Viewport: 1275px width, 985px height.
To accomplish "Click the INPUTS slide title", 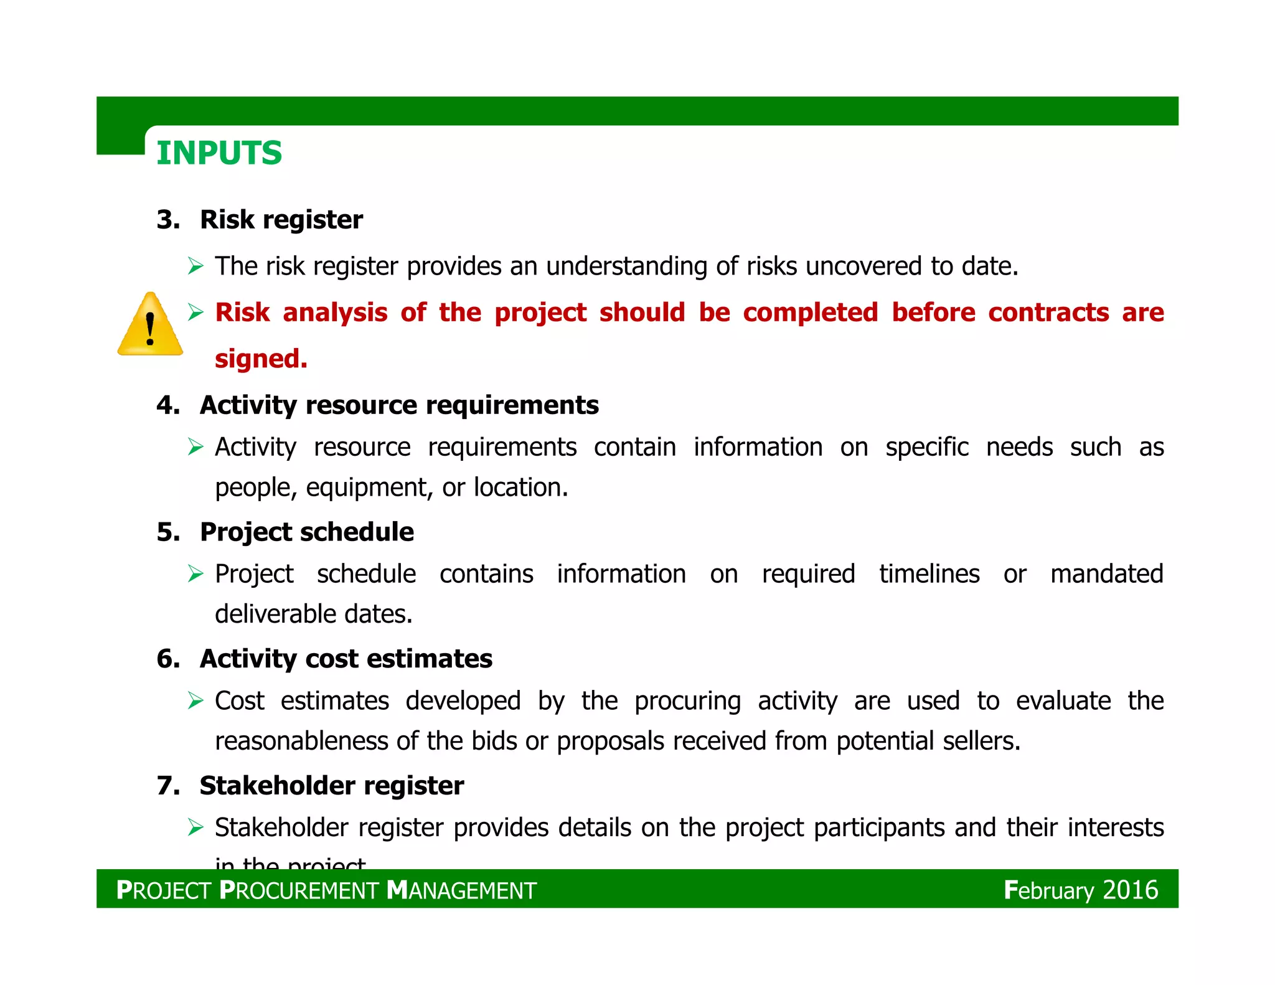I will (219, 153).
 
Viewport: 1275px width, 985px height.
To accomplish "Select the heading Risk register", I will (281, 220).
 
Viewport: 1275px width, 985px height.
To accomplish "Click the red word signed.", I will (261, 359).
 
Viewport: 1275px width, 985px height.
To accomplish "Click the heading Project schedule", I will (306, 532).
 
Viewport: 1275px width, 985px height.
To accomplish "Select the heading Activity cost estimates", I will (346, 659).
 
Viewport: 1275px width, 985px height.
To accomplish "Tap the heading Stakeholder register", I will (331, 786).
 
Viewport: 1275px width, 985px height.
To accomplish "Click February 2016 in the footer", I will (1081, 890).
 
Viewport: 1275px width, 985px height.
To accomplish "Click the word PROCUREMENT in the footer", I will (299, 891).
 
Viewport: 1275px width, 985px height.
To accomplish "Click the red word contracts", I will (1048, 313).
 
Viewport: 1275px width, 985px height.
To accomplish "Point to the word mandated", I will (1106, 574).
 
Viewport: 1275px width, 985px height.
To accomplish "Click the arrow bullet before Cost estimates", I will (195, 702).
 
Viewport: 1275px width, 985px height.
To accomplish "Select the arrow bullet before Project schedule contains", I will (195, 574).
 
